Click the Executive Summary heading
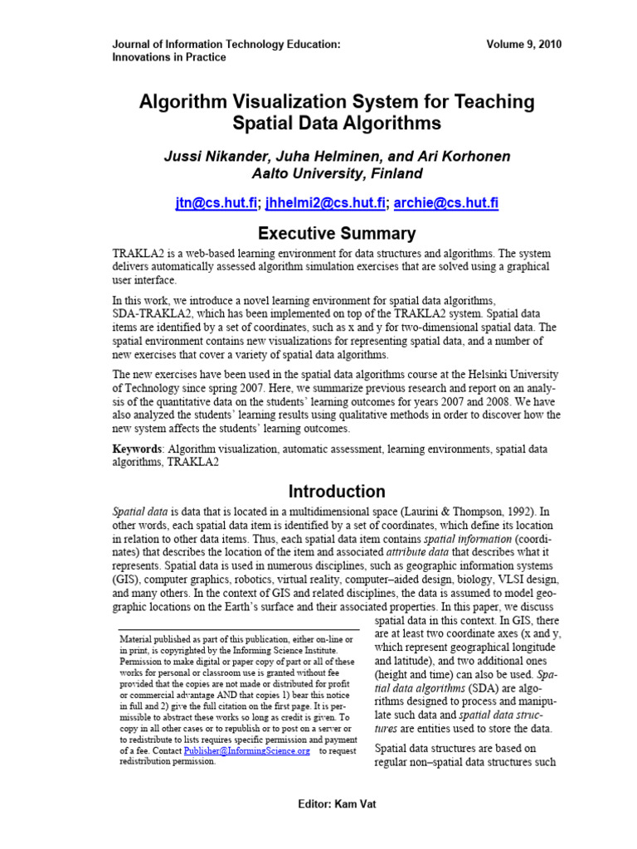(x=337, y=233)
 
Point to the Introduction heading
(x=337, y=491)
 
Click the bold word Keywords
(x=138, y=449)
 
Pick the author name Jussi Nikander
(x=212, y=157)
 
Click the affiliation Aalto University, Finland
(x=337, y=174)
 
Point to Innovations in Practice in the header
(x=168, y=57)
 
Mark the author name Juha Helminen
(x=326, y=157)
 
